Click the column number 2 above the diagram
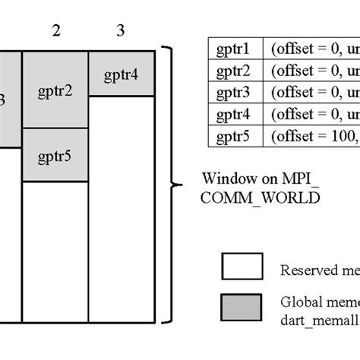(55, 31)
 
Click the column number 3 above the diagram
(121, 31)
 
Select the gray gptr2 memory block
(55, 90)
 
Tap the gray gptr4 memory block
(122, 74)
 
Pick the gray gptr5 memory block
(55, 156)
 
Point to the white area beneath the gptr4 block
(122, 205)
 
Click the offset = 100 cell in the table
(311, 137)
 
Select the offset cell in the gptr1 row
(311, 48)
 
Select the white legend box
(241, 267)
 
